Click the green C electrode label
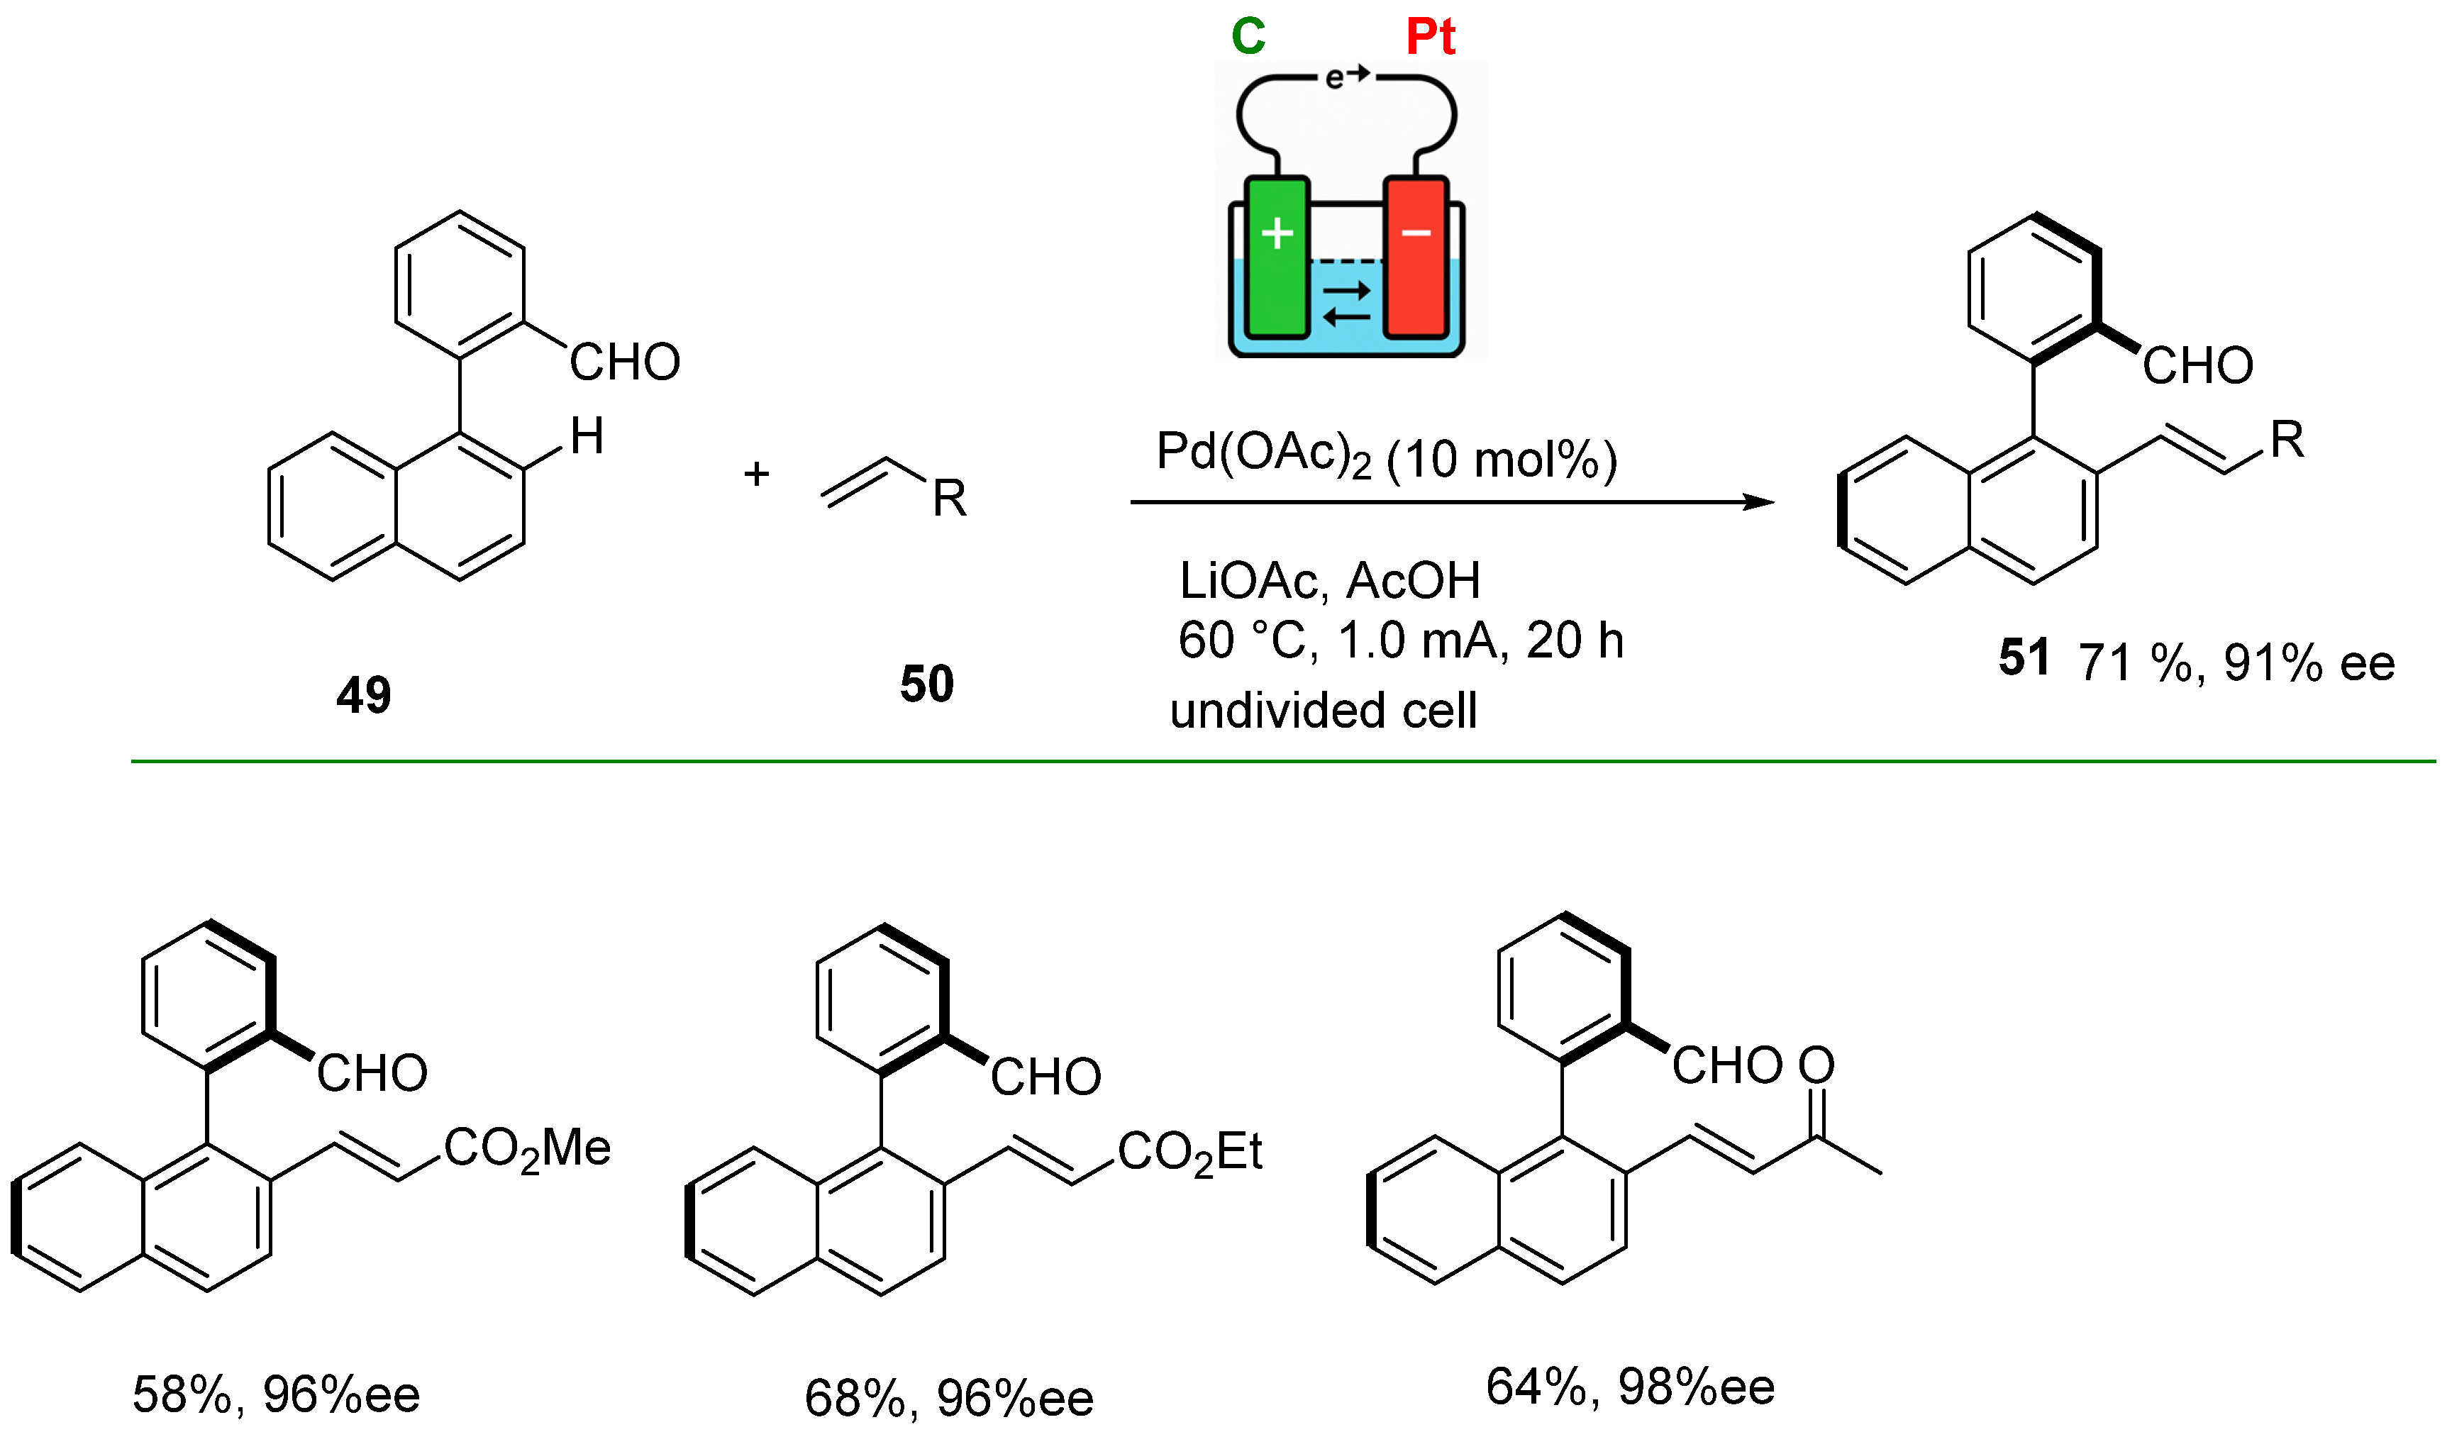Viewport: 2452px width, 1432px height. tap(1248, 37)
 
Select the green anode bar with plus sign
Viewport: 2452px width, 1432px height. tap(1277, 257)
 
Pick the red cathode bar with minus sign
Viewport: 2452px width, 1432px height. tap(1416, 257)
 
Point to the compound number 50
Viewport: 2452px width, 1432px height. tap(926, 684)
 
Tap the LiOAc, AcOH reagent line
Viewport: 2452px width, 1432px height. tap(1329, 581)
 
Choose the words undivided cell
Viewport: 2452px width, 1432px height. tap(1324, 710)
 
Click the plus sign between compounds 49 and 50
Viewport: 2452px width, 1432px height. tap(756, 474)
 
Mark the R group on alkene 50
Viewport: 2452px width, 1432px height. tap(950, 498)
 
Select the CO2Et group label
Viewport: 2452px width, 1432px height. tap(1189, 1153)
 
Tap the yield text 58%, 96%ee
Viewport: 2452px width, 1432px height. tap(277, 1394)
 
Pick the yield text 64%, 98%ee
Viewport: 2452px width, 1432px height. tap(1630, 1387)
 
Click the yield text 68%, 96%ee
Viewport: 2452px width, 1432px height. tap(949, 1398)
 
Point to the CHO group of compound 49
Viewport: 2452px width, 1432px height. tap(625, 362)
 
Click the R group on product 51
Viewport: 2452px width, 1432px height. tap(2287, 440)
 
